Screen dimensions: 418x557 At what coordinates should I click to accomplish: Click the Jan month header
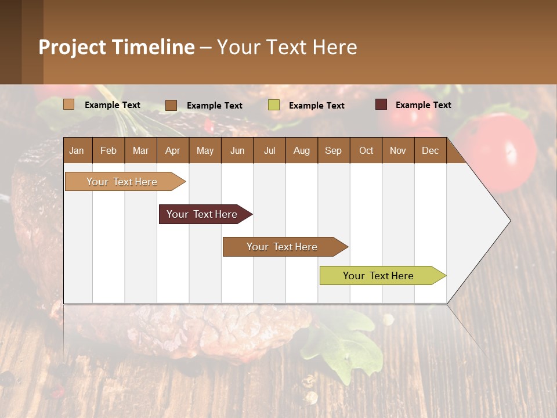(77, 151)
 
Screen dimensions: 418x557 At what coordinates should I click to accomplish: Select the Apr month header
(172, 151)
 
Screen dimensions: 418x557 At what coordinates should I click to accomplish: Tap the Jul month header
(269, 151)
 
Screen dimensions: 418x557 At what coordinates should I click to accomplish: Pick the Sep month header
(333, 151)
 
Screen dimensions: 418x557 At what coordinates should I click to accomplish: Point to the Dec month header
(430, 151)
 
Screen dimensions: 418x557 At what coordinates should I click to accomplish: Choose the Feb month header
(108, 151)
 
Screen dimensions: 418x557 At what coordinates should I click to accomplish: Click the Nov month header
(397, 151)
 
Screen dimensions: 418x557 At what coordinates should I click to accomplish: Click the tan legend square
(69, 105)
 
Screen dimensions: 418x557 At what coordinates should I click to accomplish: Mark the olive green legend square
(274, 105)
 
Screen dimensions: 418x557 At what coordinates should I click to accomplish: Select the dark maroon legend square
(381, 105)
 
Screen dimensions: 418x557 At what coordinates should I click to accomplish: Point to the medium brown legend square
(171, 105)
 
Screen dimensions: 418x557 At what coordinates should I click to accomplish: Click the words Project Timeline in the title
(117, 47)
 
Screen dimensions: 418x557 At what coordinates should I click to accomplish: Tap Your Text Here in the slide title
(287, 47)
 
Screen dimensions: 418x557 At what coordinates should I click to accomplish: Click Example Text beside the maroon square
(423, 105)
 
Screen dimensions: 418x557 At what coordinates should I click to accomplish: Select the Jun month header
(237, 151)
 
